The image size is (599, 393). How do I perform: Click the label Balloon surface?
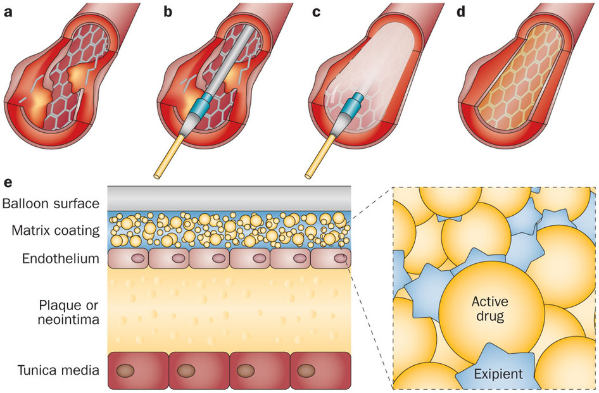pyautogui.click(x=51, y=204)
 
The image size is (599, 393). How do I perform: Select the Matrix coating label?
pyautogui.click(x=56, y=231)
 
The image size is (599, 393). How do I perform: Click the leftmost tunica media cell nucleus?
pyautogui.click(x=126, y=370)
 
